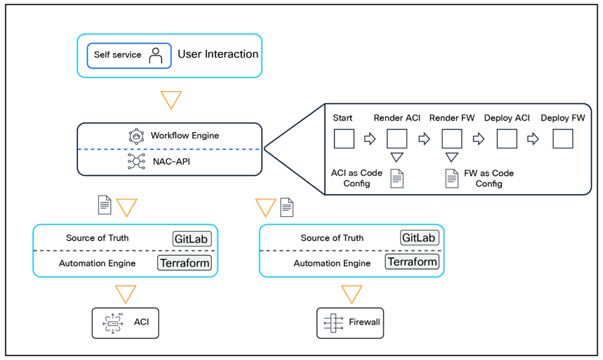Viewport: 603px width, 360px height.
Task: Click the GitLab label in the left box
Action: (x=192, y=239)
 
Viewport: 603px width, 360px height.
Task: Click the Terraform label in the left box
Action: (x=184, y=263)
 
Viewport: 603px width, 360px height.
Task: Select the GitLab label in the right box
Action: (x=419, y=238)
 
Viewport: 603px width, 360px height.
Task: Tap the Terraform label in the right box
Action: (x=412, y=262)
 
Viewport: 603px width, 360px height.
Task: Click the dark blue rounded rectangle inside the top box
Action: (x=129, y=55)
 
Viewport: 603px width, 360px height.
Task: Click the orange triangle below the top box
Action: (x=171, y=100)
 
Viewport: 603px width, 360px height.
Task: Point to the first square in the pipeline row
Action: (x=344, y=138)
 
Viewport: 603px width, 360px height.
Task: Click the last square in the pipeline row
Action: (x=563, y=138)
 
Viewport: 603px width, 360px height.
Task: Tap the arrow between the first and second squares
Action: (x=369, y=138)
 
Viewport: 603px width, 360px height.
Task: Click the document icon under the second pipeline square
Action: (x=397, y=179)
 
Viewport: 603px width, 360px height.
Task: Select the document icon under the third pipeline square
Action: (x=452, y=179)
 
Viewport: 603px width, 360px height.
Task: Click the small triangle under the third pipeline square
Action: (x=452, y=156)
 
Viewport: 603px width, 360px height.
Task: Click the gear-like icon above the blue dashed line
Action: (x=136, y=136)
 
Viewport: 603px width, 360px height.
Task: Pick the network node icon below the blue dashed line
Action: (x=136, y=162)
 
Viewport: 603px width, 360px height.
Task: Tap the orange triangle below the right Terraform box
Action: (x=351, y=293)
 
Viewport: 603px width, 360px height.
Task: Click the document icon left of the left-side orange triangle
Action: (x=105, y=205)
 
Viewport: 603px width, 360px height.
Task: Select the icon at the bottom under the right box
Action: (x=333, y=323)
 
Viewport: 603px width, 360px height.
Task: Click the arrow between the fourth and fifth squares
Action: (x=533, y=138)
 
